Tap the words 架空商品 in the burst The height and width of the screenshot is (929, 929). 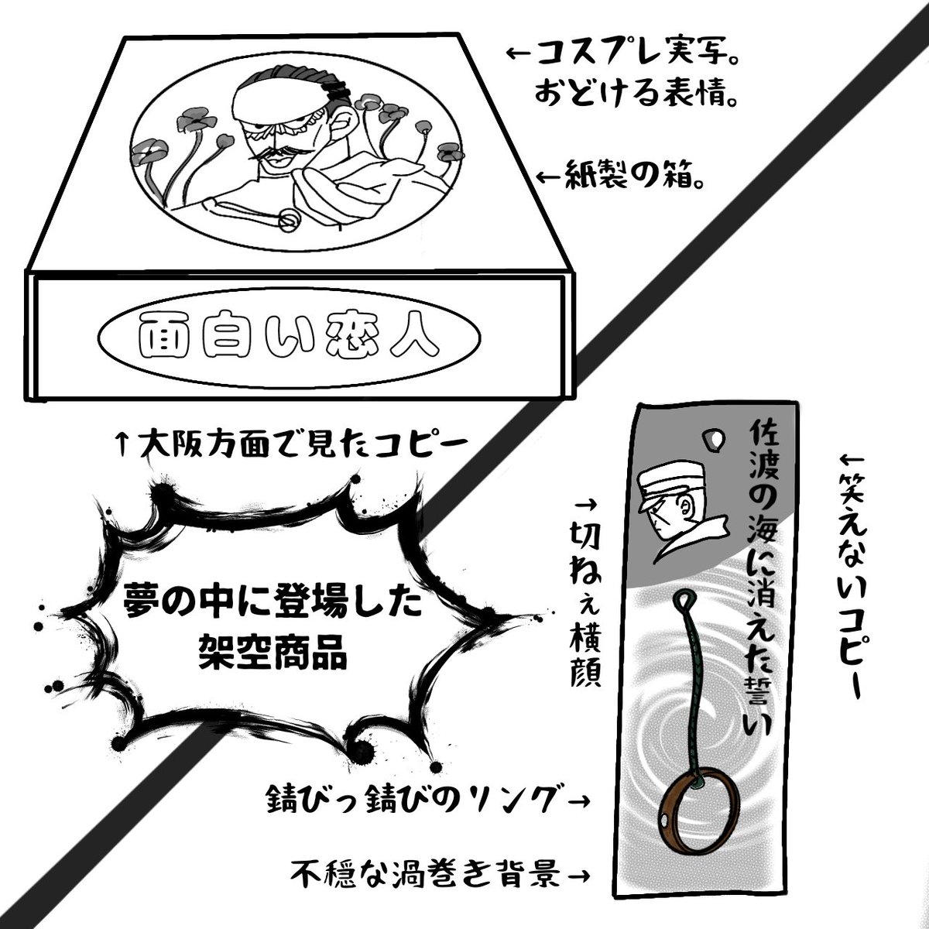tap(263, 656)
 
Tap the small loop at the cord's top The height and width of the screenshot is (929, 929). tap(686, 601)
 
